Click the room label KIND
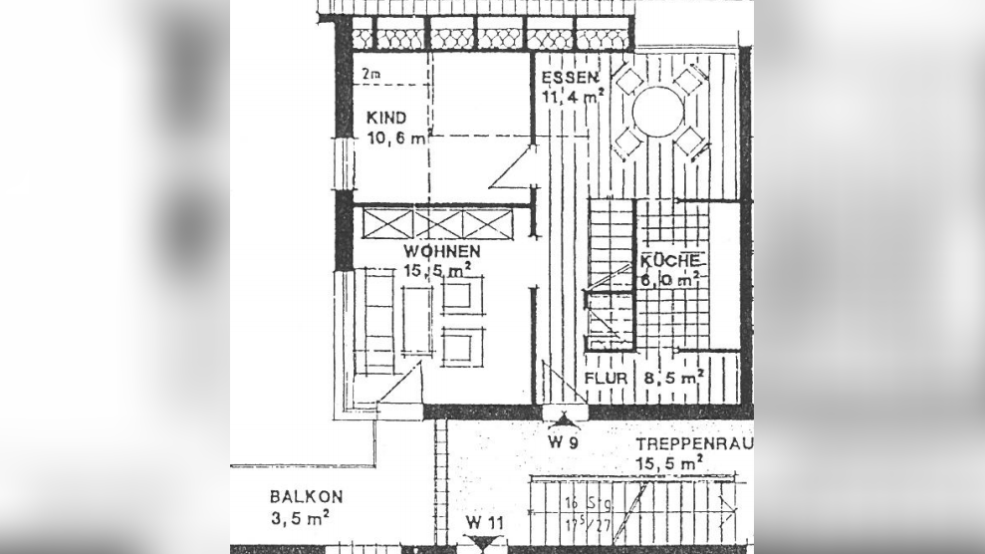(385, 118)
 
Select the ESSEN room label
(569, 78)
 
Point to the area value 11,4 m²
(575, 98)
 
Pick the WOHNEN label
(442, 251)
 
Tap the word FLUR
(607, 379)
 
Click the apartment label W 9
(564, 441)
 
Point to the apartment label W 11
(486, 523)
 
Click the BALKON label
(306, 496)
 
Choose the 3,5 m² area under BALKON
(300, 517)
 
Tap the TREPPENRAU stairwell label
(694, 443)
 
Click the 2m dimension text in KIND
(371, 74)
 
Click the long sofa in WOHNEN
(379, 321)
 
